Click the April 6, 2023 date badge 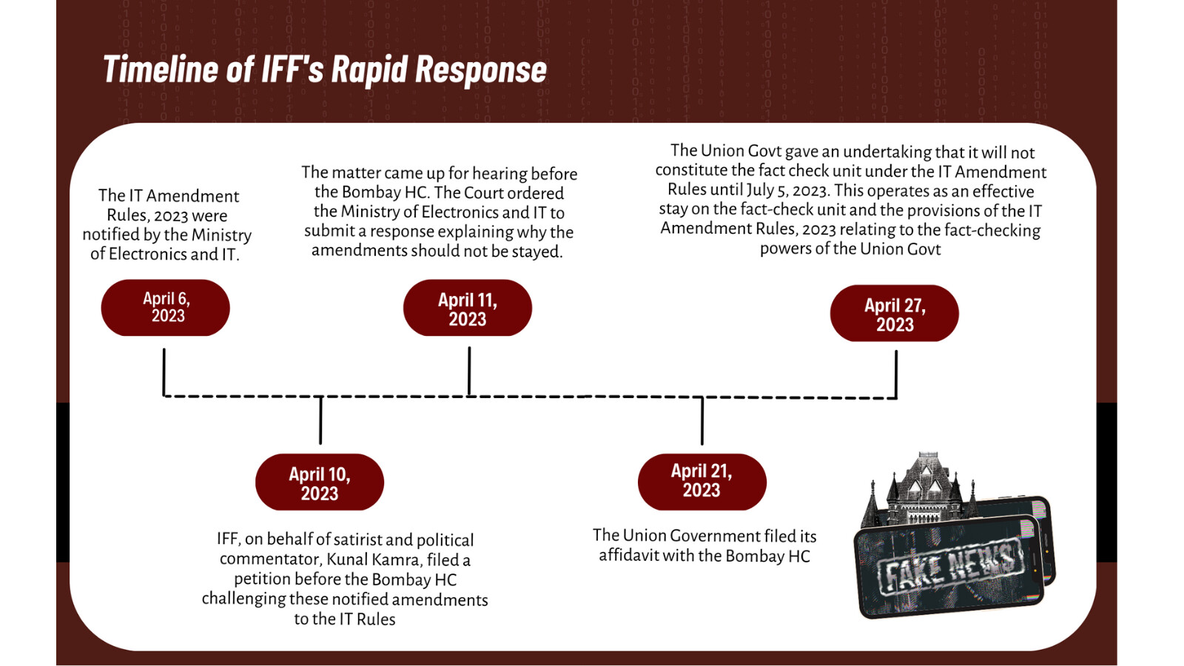(166, 308)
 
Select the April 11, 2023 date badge (468, 309)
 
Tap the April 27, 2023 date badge (895, 314)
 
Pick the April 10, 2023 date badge (320, 482)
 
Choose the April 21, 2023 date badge (702, 481)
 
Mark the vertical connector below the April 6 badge (164, 371)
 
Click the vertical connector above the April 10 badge (320, 420)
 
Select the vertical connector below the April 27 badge (896, 374)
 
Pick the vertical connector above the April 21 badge (702, 421)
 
